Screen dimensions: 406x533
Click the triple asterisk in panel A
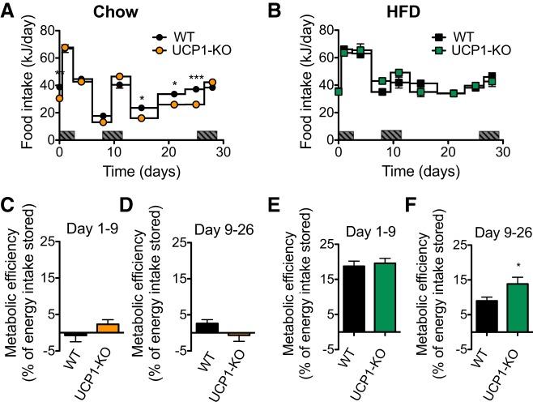coord(196,78)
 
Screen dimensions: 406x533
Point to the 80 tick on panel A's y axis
coord(45,31)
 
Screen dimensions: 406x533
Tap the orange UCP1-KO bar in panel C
coord(108,328)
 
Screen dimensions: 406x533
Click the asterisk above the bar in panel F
coord(509,266)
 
